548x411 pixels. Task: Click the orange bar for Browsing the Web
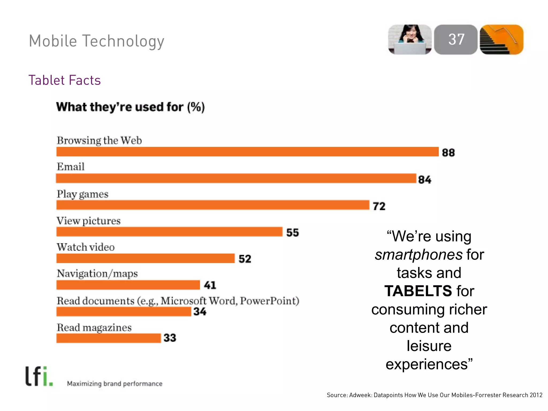(247, 152)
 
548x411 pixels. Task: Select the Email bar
(236, 178)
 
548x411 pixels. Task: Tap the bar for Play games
(213, 205)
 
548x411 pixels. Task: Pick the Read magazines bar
(108, 338)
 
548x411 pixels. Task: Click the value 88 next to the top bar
(448, 153)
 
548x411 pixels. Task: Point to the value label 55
(292, 233)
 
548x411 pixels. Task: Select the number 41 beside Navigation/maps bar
(210, 285)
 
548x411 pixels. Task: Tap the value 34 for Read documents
(200, 312)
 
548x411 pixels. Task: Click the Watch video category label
(86, 247)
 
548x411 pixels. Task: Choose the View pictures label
(89, 221)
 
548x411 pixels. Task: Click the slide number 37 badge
(456, 40)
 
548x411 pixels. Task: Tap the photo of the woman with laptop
(410, 40)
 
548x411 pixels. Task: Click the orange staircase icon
(501, 40)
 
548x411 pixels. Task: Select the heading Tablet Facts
(64, 80)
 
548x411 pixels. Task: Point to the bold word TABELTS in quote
(418, 291)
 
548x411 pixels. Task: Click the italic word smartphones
(418, 254)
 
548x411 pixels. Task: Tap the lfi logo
(39, 376)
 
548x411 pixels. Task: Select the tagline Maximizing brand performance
(115, 384)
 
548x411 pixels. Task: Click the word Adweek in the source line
(360, 395)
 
